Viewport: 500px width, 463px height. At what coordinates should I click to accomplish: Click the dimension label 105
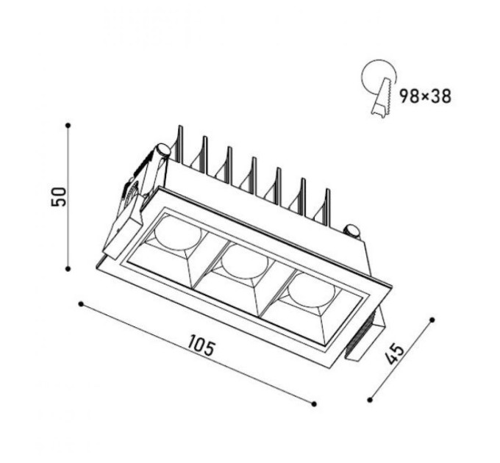(x=201, y=345)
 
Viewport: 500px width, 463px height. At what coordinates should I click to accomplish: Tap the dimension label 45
(x=395, y=353)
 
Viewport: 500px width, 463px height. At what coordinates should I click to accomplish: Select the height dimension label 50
(x=59, y=197)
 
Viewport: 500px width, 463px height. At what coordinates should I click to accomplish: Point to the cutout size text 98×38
(x=426, y=96)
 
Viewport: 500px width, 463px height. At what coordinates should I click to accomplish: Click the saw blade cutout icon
(x=379, y=89)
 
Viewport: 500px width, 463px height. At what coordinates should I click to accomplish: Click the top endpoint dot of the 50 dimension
(x=68, y=126)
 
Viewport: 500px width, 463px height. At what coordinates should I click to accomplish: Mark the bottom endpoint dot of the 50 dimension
(x=68, y=269)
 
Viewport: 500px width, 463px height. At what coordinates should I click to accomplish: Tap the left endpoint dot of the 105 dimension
(x=81, y=304)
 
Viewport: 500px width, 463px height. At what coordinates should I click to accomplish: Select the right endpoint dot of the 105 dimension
(x=314, y=404)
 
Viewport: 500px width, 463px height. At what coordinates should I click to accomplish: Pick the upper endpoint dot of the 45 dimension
(x=432, y=320)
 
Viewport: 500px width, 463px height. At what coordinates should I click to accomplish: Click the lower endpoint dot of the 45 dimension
(x=370, y=400)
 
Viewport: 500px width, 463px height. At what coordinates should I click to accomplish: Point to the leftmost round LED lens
(x=178, y=233)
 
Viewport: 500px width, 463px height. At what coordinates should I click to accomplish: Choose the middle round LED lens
(x=245, y=262)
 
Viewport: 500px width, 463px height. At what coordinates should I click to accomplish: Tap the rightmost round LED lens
(x=312, y=290)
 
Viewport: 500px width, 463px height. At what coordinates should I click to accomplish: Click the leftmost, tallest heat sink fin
(x=180, y=144)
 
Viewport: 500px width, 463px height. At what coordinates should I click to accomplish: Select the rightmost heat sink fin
(x=327, y=207)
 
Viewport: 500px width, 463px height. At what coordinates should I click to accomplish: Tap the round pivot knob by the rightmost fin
(x=352, y=232)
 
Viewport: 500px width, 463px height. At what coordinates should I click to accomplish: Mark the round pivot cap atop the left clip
(x=162, y=150)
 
